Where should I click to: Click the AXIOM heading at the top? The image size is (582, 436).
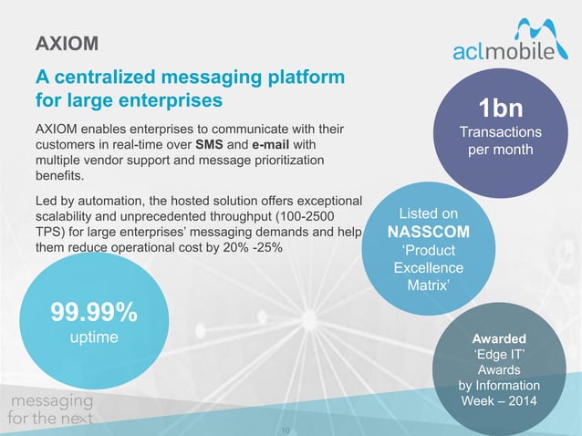coord(67,44)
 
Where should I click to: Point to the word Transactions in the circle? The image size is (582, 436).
coord(501,132)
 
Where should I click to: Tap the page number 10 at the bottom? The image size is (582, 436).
coord(291,425)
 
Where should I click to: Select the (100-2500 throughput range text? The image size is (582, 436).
coord(296,216)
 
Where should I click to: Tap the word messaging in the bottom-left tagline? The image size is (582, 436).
coord(51,401)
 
